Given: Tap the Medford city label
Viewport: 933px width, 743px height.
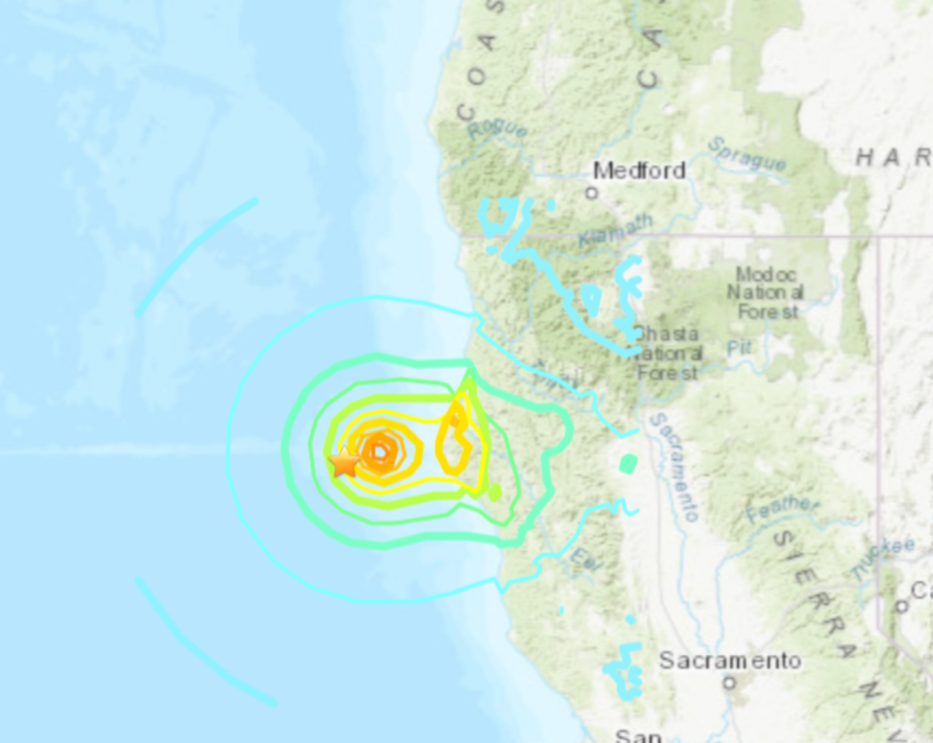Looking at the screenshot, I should (x=639, y=171).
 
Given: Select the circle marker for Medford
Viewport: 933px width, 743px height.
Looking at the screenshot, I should (x=592, y=193).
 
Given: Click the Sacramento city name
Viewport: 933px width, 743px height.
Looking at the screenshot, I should (x=730, y=661).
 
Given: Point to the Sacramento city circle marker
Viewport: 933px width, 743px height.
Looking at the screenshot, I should (x=730, y=683).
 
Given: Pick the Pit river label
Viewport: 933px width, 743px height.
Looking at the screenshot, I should (x=739, y=348).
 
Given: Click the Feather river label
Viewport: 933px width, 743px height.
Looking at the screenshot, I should (x=782, y=510).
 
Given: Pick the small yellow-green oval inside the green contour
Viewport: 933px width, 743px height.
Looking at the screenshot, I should (x=495, y=492).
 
